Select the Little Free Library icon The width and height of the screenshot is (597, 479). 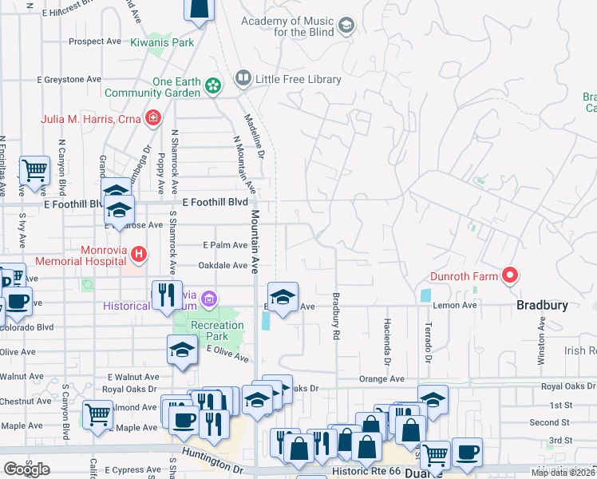(x=243, y=79)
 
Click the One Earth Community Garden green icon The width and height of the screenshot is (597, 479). (x=212, y=85)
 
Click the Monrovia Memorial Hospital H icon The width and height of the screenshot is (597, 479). (x=139, y=255)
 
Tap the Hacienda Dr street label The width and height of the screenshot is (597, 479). (x=386, y=340)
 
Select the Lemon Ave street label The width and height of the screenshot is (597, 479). (x=455, y=305)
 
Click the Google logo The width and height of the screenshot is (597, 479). (x=26, y=469)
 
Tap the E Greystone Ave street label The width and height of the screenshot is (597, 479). (x=69, y=80)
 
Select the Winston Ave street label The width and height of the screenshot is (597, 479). (x=541, y=341)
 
